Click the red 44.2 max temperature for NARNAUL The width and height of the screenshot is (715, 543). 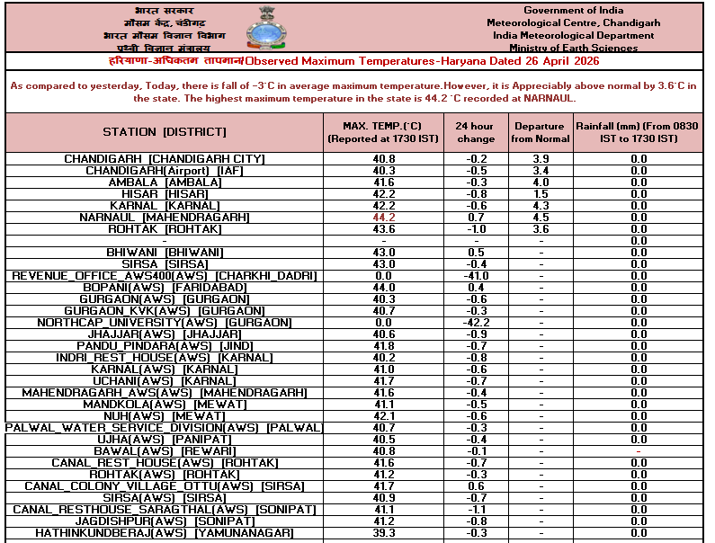(384, 218)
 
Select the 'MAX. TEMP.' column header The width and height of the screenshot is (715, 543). (383, 132)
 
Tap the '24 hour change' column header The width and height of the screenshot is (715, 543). (475, 132)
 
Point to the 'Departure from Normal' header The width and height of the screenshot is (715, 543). (541, 132)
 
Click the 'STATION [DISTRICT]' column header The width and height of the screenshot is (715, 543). (164, 132)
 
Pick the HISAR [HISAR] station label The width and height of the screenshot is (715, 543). (165, 194)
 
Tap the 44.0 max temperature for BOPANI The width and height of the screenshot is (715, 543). (384, 288)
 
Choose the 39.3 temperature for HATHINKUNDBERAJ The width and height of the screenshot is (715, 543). (384, 533)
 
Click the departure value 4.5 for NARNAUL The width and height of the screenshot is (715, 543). (541, 218)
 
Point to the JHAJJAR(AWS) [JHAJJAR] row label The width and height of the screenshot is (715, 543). (165, 334)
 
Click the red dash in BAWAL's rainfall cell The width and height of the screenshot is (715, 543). (639, 451)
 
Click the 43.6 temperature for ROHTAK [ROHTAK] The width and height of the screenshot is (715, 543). (384, 229)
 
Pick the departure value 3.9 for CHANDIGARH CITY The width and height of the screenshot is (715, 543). (541, 159)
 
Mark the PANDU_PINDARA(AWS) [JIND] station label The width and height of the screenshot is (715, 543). (165, 346)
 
